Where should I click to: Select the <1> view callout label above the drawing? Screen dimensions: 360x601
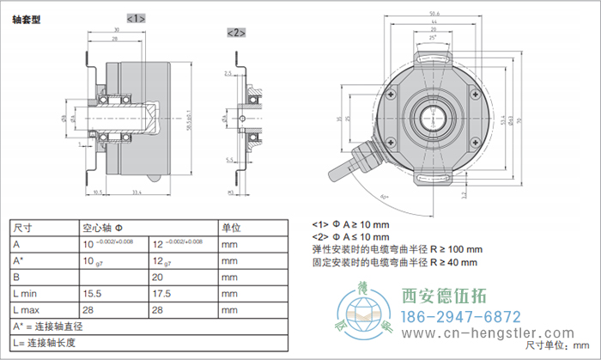click(x=137, y=18)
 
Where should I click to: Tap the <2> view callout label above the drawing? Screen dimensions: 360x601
click(x=236, y=33)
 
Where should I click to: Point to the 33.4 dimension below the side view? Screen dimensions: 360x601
click(x=137, y=192)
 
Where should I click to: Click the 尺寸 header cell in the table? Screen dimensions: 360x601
click(x=25, y=229)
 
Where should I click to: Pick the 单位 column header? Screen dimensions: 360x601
click(x=232, y=229)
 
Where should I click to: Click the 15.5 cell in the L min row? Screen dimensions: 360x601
click(x=94, y=293)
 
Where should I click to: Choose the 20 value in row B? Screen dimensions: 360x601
click(x=158, y=277)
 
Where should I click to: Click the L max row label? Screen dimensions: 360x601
click(x=29, y=309)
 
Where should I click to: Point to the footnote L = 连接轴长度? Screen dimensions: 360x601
click(x=48, y=342)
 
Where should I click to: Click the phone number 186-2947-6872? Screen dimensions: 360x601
click(x=460, y=316)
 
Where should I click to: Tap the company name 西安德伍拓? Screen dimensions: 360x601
click(x=444, y=296)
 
